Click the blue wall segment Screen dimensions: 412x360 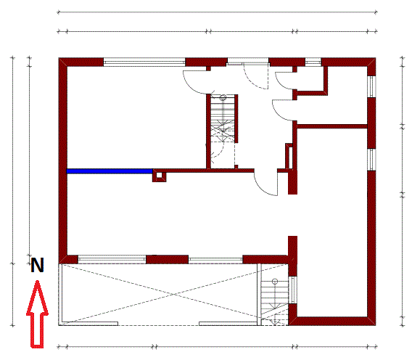(x=110, y=171)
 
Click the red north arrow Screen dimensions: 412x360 (x=37, y=314)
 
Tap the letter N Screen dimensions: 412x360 (x=37, y=265)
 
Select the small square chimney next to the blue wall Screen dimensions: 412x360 (x=160, y=176)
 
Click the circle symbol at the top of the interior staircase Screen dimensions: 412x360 (x=223, y=97)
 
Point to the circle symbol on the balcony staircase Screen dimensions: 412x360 (x=275, y=282)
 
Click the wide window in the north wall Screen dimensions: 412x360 (x=144, y=63)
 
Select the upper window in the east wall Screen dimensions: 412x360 (x=371, y=86)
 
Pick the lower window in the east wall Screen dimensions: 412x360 (x=371, y=160)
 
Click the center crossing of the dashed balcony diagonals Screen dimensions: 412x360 (x=173, y=294)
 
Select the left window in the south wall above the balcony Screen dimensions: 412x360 (x=112, y=260)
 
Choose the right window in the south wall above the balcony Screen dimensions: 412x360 (x=215, y=260)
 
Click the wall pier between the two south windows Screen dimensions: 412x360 (x=167, y=260)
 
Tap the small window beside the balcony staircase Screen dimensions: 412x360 (x=293, y=290)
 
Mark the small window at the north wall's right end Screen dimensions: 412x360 (x=313, y=62)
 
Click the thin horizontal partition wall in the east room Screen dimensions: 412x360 (x=332, y=126)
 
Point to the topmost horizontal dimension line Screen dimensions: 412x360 (x=218, y=12)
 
